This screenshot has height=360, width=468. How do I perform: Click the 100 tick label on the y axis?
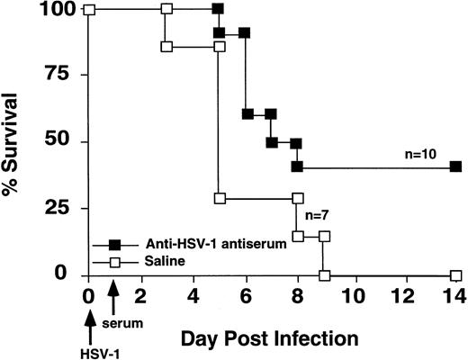pos(54,11)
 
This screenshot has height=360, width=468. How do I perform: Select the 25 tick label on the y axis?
pos(59,209)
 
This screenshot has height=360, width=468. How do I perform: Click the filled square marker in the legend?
pos(114,244)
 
